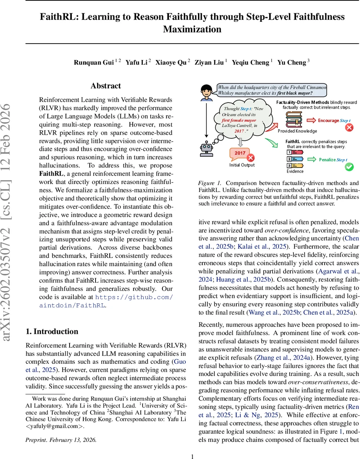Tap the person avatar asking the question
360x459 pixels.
point(207,92)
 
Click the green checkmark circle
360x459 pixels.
point(349,167)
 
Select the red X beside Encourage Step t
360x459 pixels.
point(349,127)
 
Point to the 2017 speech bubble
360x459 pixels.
point(240,154)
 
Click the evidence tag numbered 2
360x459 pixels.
point(294,159)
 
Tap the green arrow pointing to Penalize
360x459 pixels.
point(311,160)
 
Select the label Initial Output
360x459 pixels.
point(242,165)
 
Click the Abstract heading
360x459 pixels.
point(106,86)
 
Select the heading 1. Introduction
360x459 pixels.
point(52,331)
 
